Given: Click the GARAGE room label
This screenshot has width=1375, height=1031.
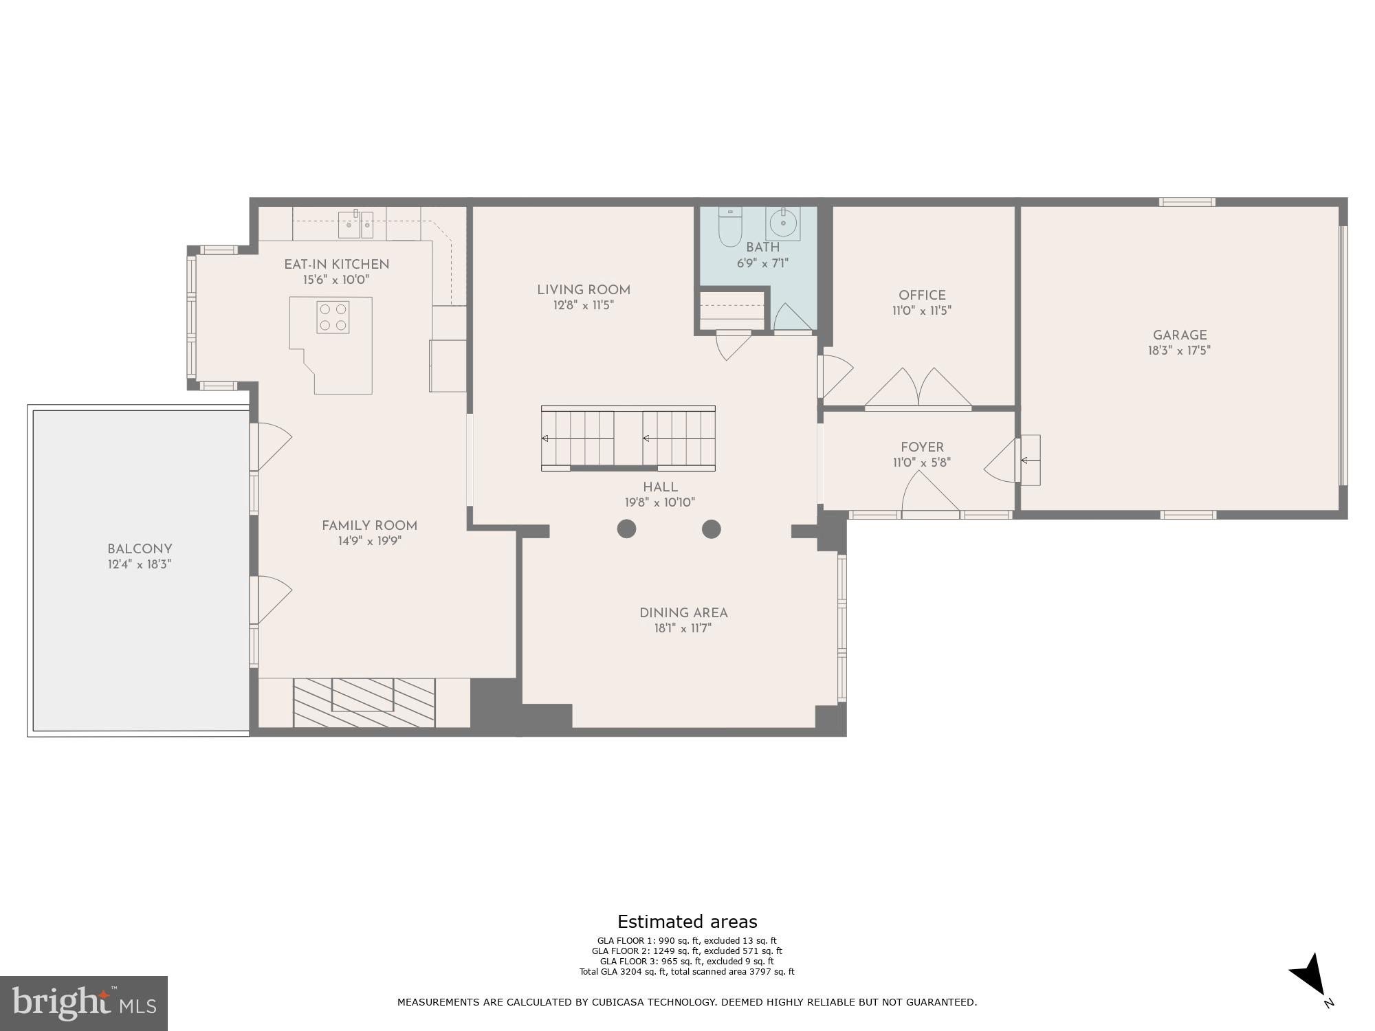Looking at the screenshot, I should click(1180, 335).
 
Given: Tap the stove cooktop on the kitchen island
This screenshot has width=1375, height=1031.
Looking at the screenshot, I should click(333, 317).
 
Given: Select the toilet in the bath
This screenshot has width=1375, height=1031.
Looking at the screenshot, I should click(727, 227).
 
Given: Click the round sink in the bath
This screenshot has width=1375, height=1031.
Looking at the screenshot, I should click(783, 223).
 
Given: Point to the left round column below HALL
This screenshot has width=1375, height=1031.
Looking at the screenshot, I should click(626, 529).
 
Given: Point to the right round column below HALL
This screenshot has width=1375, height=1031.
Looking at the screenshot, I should click(711, 529).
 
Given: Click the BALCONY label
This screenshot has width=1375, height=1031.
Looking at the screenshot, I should click(140, 549).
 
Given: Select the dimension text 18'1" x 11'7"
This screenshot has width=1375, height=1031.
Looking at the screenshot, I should click(682, 628).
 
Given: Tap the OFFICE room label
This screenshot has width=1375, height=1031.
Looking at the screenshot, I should click(922, 295).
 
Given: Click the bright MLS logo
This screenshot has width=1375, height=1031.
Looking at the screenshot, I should click(83, 1003).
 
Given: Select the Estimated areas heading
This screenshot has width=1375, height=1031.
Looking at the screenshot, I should click(687, 922).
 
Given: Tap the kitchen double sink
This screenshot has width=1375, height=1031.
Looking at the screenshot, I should click(355, 224).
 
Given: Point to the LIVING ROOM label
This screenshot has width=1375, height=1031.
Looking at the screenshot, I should click(583, 290).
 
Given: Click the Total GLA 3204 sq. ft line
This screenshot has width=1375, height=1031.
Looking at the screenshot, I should click(686, 971).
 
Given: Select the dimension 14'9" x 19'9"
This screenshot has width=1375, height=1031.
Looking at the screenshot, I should click(369, 541).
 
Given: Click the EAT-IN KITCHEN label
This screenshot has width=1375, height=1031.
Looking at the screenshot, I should click(337, 265).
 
